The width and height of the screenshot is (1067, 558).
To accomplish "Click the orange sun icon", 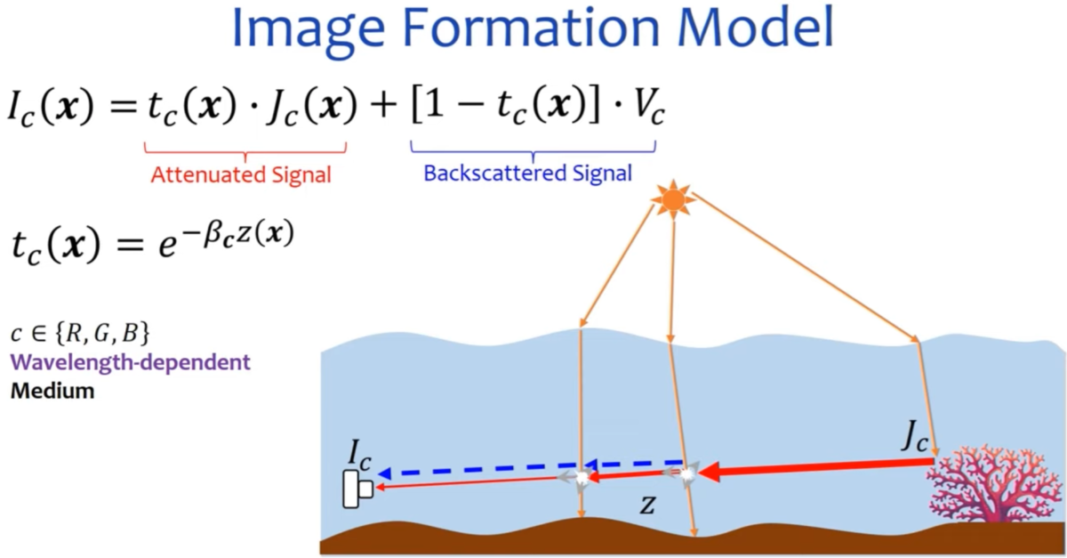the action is pos(673,198).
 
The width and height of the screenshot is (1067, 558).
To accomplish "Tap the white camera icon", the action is pos(357,490).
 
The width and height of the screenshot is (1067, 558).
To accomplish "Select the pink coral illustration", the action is pos(992,485).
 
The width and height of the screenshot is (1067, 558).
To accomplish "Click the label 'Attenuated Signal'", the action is pos(241,175).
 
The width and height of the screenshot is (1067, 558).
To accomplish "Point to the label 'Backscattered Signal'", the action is pos(527,173).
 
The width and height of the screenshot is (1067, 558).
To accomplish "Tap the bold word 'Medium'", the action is pos(52,391).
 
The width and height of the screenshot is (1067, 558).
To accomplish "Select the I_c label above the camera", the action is pos(359,457).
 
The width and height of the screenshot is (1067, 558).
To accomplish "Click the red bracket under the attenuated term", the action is pos(244,148).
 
